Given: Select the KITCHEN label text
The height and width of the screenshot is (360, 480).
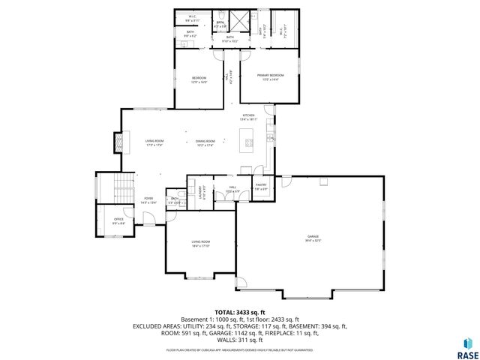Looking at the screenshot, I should [248, 116].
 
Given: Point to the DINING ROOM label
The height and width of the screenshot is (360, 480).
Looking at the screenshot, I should [205, 142].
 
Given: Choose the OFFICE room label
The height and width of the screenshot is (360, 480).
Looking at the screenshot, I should [118, 220].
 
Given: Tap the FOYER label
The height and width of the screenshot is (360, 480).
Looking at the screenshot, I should [148, 199].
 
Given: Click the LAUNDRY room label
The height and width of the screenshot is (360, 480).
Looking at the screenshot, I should [201, 192].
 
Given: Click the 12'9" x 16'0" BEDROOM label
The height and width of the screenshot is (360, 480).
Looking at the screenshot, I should [199, 80].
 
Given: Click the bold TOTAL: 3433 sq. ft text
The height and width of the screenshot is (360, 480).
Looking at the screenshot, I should [239, 311].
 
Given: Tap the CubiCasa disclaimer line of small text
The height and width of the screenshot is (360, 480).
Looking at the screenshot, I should [239, 349].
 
